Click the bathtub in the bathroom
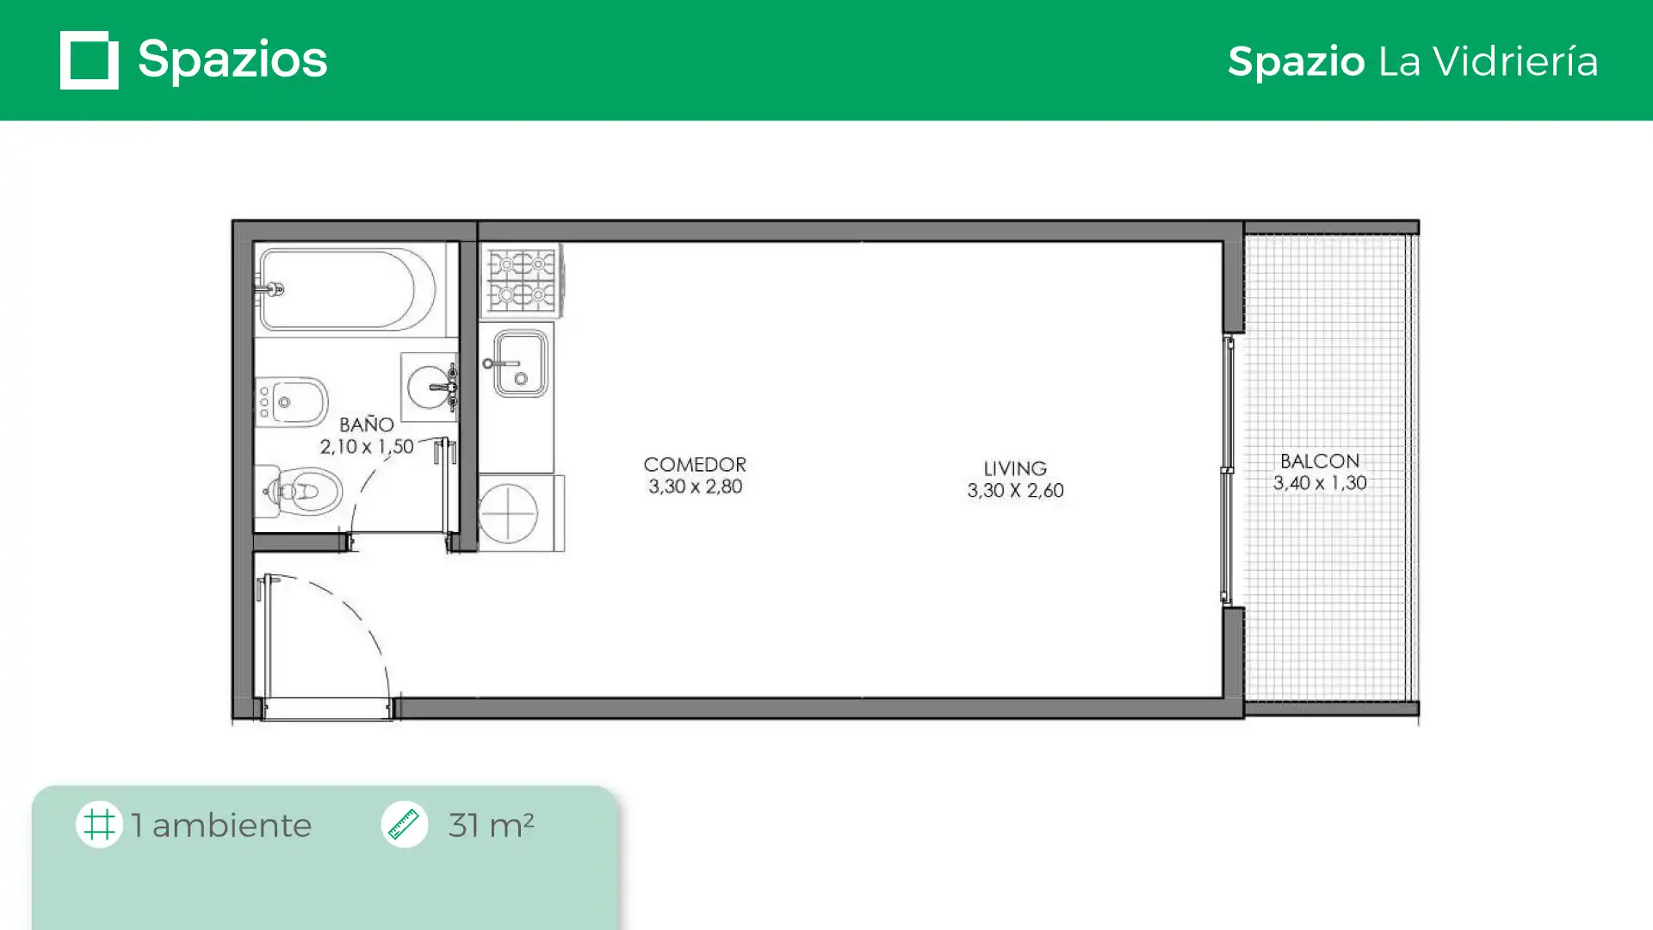click(x=348, y=289)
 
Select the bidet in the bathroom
click(x=292, y=401)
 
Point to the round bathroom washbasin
click(x=429, y=387)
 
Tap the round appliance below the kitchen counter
click(x=509, y=513)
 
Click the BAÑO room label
click(x=367, y=425)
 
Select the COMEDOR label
click(x=695, y=464)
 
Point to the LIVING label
click(x=1015, y=468)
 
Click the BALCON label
click(x=1320, y=461)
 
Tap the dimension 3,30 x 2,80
click(x=695, y=487)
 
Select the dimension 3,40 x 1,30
click(x=1320, y=483)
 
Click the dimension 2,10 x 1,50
click(x=367, y=446)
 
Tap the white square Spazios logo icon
click(x=90, y=60)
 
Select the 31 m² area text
click(x=491, y=825)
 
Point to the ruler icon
click(x=405, y=824)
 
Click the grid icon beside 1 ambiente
click(x=99, y=824)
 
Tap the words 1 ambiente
click(x=221, y=825)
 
